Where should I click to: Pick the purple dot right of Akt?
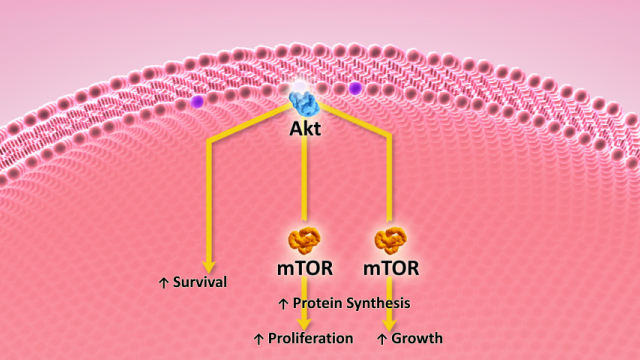click(x=355, y=89)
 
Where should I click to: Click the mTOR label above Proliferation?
click(x=303, y=268)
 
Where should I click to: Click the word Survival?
click(x=200, y=282)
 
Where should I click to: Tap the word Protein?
click(x=317, y=302)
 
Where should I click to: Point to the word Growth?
click(x=416, y=338)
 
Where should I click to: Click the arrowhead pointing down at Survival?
click(x=209, y=264)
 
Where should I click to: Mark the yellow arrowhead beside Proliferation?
click(x=303, y=324)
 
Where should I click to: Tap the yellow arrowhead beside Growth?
click(x=389, y=324)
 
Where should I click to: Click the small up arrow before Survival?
click(x=164, y=283)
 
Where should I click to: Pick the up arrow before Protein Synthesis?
click(x=282, y=302)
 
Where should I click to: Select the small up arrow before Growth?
click(x=381, y=339)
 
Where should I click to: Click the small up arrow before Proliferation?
click(x=258, y=339)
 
